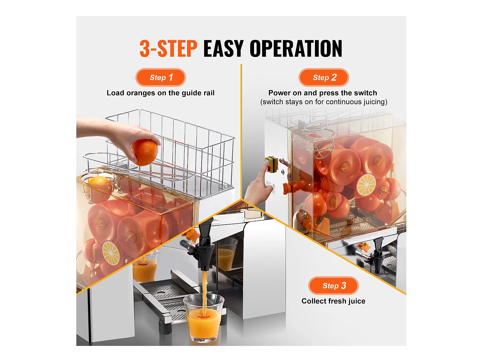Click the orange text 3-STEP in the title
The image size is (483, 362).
coord(168,49)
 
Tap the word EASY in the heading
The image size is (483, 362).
coord(223,49)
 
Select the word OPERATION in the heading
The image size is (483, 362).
coord(296,49)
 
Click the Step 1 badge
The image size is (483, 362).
coord(161,78)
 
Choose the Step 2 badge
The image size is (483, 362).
coord(324,78)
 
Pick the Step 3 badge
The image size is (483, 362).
coord(334,286)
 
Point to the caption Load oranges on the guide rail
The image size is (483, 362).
coord(160,93)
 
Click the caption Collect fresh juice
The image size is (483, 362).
coord(333,301)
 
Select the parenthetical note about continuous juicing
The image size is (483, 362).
coord(324,102)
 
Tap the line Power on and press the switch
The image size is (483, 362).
coord(323,93)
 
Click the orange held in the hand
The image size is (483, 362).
coord(144,152)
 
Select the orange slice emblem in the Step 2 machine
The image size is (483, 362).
coord(366,185)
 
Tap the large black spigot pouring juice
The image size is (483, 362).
coord(204,246)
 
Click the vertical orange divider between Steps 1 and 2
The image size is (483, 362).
coord(241,129)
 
